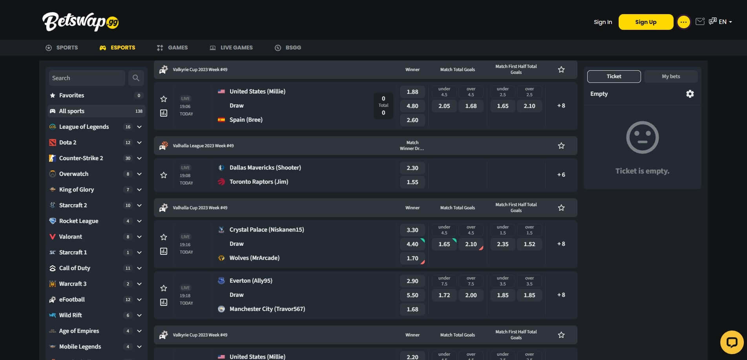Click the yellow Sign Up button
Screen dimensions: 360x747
(645, 22)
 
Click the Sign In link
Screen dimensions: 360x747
(603, 22)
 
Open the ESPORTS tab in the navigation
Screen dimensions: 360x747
(117, 48)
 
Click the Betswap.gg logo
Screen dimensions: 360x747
(80, 22)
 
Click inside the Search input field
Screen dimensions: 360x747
(86, 78)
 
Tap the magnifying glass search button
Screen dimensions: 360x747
(136, 78)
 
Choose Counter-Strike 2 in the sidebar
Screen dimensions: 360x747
(81, 158)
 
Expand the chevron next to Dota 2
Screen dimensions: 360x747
(139, 143)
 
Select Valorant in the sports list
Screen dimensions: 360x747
(71, 237)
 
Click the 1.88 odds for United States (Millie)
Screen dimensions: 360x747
(412, 92)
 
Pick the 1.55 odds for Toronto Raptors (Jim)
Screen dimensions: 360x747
(412, 182)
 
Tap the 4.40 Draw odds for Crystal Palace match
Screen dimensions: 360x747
(412, 244)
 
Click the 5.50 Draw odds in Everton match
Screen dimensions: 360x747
(412, 295)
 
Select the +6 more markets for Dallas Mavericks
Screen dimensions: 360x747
(561, 175)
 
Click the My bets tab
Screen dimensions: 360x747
(670, 77)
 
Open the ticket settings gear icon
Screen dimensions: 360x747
(690, 94)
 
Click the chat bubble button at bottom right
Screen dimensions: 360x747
(732, 342)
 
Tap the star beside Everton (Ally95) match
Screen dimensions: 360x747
(164, 288)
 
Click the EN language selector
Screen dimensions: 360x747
(724, 22)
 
